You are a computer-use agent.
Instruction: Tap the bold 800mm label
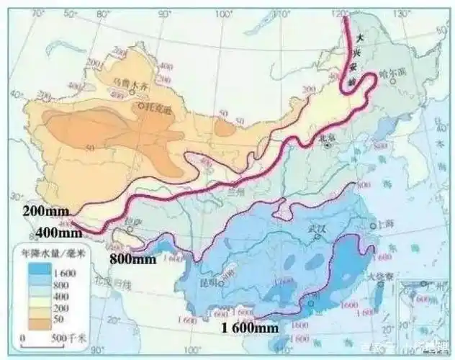[x=132, y=258]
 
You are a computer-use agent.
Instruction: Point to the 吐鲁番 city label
[x=160, y=109]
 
